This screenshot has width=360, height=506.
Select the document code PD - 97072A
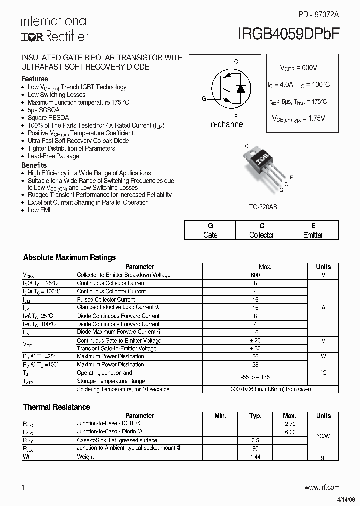pos(318,15)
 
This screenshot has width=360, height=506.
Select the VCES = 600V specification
pos(298,67)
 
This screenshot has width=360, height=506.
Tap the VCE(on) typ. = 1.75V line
pos(298,118)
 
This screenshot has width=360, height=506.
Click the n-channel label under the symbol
pos(228,124)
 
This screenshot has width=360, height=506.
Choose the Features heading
pos(35,79)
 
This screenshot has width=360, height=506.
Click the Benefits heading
pos(34,165)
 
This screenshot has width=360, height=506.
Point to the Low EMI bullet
pos(39,210)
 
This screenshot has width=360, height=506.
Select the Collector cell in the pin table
pos(262,235)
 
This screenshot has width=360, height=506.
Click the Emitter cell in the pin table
pos(313,235)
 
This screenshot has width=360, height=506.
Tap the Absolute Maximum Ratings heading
pos(69,257)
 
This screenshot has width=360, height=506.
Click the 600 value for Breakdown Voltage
pos(255,275)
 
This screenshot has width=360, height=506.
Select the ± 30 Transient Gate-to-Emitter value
pos(255,349)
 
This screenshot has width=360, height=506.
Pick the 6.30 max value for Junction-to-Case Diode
pos(289,432)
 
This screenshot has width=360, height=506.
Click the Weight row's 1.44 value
pos(255,457)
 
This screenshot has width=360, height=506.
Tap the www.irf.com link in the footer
pos(321,487)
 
